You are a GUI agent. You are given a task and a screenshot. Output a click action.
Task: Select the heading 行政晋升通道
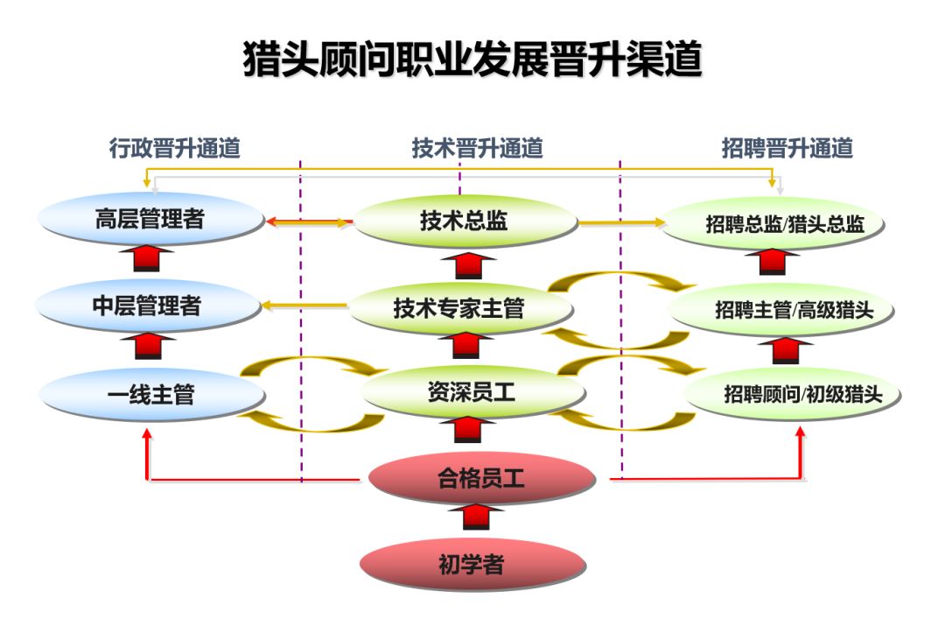[174, 149]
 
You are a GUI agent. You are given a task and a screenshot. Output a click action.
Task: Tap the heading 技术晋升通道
[477, 149]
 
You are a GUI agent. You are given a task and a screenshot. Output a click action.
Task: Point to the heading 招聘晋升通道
[787, 149]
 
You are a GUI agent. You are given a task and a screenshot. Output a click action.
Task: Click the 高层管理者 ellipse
[150, 219]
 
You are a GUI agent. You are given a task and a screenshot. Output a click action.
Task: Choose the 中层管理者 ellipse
[147, 306]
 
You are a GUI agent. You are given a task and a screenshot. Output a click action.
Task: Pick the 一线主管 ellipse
[150, 395]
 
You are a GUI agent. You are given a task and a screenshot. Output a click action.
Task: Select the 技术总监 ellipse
[464, 222]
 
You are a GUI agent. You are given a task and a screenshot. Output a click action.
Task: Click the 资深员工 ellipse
[472, 393]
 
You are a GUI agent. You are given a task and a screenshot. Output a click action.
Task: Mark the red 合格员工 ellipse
[481, 479]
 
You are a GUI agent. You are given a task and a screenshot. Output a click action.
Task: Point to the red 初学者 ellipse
[472, 565]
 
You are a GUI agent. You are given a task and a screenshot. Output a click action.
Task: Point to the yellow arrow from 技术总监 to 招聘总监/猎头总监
[621, 223]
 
